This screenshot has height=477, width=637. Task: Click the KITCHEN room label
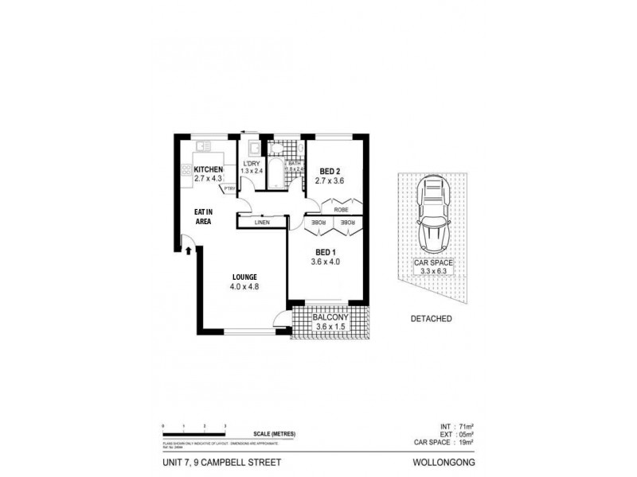pyautogui.click(x=209, y=170)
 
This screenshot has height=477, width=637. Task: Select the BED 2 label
pyautogui.click(x=330, y=171)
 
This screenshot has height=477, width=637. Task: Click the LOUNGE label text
pyautogui.click(x=244, y=277)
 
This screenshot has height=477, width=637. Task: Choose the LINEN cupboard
pyautogui.click(x=262, y=223)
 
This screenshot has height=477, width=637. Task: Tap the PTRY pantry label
pyautogui.click(x=229, y=188)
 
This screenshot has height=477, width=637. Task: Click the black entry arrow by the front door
pyautogui.click(x=188, y=252)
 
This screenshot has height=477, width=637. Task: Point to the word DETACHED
pyautogui.click(x=432, y=319)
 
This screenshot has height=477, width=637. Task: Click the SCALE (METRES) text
pyautogui.click(x=274, y=433)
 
